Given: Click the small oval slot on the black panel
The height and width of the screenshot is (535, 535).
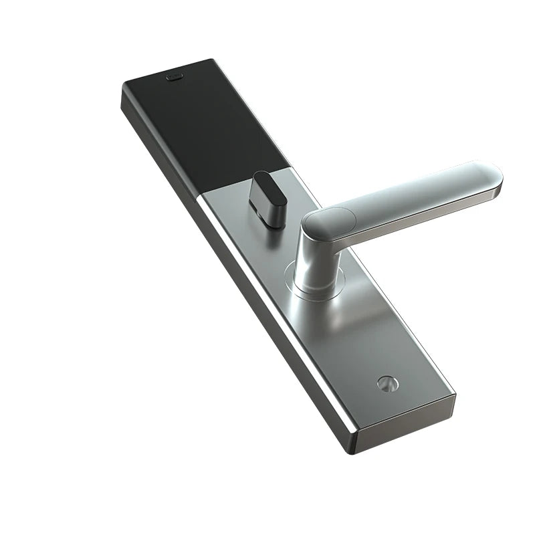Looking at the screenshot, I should point(174,78).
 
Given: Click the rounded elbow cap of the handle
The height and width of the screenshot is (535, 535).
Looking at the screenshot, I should point(328,223).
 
